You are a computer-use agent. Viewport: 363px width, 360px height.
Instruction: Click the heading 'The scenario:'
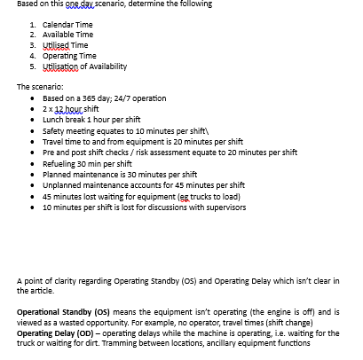click(40, 87)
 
